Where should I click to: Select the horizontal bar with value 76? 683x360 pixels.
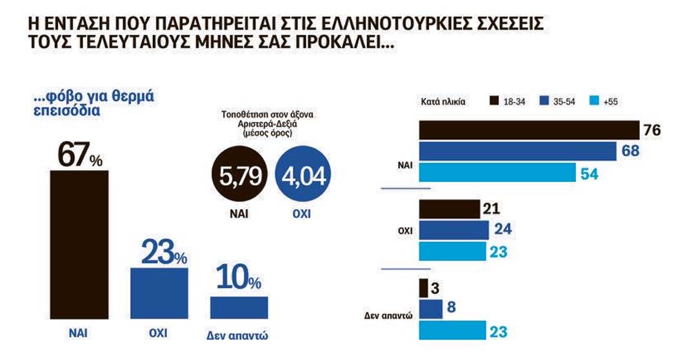pyautogui.click(x=529, y=130)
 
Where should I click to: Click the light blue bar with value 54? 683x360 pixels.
pyautogui.click(x=497, y=172)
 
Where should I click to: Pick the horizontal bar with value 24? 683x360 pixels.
pyautogui.click(x=455, y=230)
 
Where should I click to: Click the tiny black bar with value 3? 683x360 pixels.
pyautogui.click(x=424, y=288)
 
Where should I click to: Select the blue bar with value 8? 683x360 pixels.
pyautogui.click(x=431, y=309)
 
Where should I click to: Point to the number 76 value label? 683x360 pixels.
pyautogui.click(x=653, y=130)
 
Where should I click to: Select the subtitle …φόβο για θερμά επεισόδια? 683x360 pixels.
pyautogui.click(x=96, y=104)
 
